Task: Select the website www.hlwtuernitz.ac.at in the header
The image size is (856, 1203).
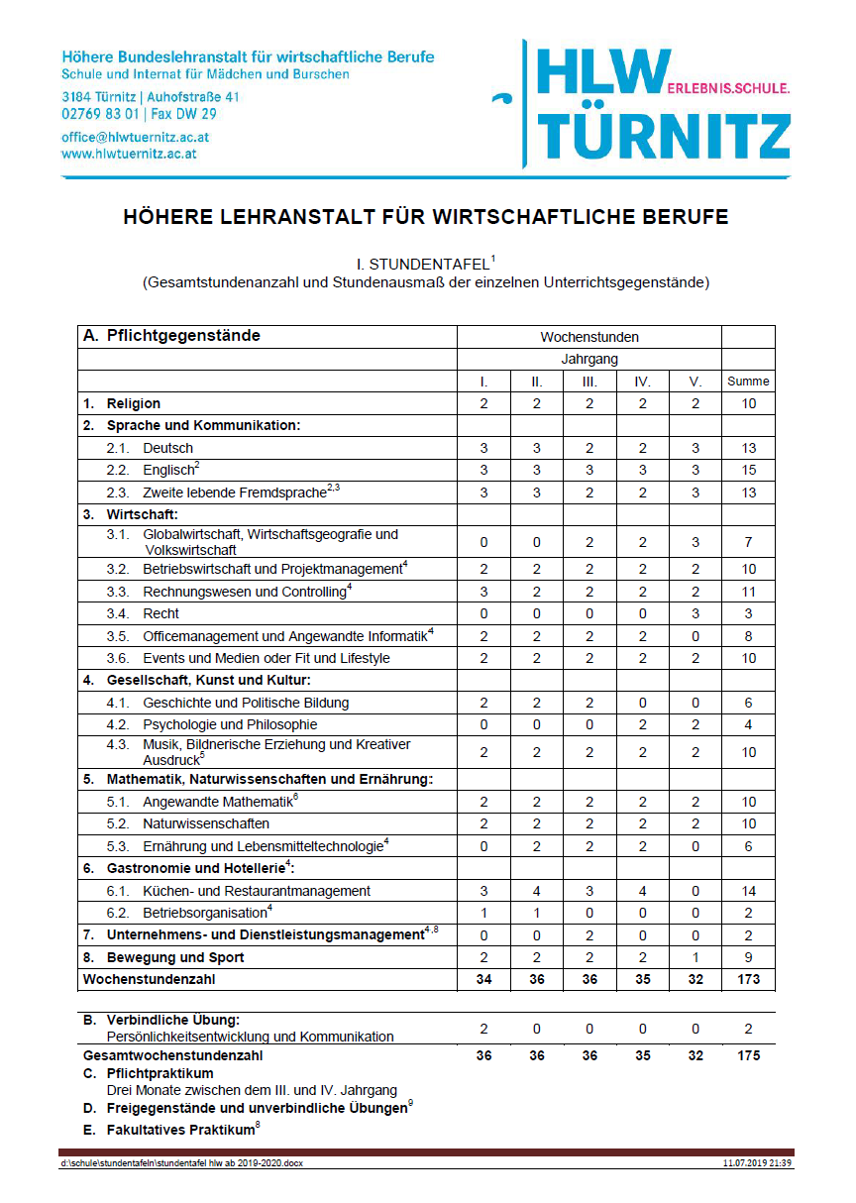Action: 129,154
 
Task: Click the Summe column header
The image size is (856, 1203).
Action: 748,381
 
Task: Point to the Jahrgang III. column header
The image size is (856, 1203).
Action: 589,381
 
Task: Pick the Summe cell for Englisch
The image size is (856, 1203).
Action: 748,470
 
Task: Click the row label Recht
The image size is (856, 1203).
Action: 160,613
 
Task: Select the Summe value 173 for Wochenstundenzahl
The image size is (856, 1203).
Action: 748,979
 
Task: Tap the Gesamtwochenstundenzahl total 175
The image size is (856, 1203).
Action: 748,1055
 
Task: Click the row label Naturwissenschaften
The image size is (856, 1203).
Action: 205,823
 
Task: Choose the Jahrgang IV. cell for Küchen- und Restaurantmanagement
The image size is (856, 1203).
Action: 642,891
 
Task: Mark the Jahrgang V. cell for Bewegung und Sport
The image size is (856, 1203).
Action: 695,957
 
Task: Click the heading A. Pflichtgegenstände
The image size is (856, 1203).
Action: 171,336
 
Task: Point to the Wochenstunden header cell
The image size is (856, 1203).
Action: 589,337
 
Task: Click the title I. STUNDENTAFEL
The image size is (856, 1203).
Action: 426,265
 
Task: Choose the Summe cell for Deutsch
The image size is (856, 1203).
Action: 748,448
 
